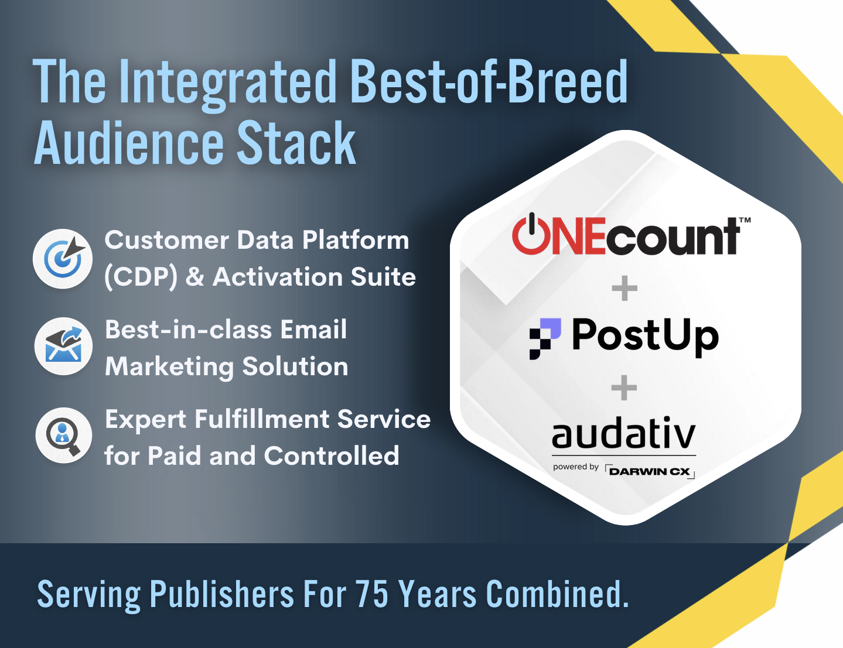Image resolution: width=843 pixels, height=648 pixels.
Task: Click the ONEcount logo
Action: coord(631,234)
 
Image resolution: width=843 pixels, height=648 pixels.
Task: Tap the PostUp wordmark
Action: coord(645,337)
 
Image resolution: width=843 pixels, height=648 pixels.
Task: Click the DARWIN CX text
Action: coord(650,472)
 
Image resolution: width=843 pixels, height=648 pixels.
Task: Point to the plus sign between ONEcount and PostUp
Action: coord(624,288)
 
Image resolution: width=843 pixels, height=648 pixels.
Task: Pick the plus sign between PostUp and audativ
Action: coord(624,388)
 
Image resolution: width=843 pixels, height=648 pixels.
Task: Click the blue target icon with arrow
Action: coord(63,259)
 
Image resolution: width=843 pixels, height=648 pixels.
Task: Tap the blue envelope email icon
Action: coord(64,346)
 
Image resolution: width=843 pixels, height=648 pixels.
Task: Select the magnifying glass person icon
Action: coord(64,436)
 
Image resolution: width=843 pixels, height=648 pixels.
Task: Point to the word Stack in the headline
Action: coord(296,142)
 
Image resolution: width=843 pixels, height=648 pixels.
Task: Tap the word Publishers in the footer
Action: coord(222,594)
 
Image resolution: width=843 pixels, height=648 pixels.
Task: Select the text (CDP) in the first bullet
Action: coord(141,277)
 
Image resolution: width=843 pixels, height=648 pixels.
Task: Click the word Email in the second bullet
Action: coord(313,330)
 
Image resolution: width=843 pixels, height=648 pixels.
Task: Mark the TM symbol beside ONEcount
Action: coord(745,220)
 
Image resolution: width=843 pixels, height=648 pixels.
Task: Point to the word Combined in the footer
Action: coord(557,594)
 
